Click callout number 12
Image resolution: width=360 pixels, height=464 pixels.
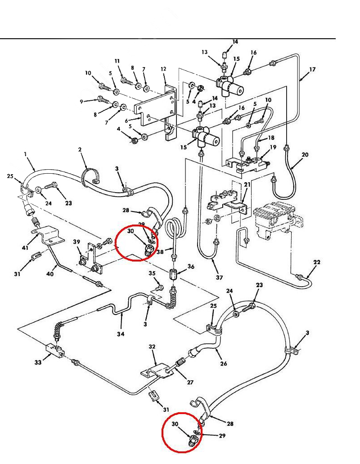pyautogui.click(x=163, y=69)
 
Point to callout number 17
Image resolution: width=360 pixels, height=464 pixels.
pyautogui.click(x=312, y=70)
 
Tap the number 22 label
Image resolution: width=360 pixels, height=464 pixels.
pyautogui.click(x=317, y=262)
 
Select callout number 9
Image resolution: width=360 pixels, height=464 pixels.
pyautogui.click(x=82, y=102)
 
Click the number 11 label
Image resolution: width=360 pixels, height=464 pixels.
pyautogui.click(x=117, y=61)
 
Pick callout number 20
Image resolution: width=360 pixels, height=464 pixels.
pyautogui.click(x=305, y=155)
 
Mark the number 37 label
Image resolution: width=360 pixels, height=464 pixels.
pyautogui.click(x=219, y=278)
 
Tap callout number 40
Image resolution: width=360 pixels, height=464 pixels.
pyautogui.click(x=50, y=273)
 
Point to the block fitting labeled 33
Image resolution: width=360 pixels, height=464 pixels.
pyautogui.click(x=54, y=350)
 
